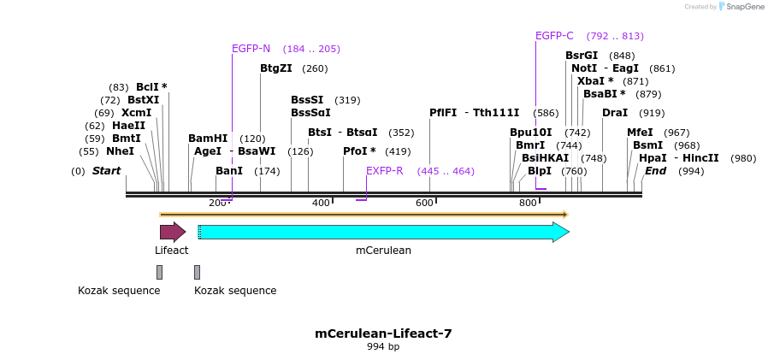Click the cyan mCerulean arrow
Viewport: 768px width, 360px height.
coord(383,232)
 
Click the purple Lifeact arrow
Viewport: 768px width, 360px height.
coord(172,232)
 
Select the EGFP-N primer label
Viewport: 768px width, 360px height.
coord(251,49)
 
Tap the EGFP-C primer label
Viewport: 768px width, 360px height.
coord(554,36)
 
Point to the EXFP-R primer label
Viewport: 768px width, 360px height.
coord(384,171)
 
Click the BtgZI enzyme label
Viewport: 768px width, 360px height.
coord(276,68)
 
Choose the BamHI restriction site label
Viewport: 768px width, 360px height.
coord(208,139)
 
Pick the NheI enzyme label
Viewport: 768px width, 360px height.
coord(120,151)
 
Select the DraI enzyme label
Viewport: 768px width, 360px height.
coord(615,113)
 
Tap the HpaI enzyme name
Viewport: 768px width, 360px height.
coord(653,158)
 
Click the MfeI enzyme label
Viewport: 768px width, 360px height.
coord(640,133)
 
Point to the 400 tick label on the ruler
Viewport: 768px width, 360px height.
coord(321,203)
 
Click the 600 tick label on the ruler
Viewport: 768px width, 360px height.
coord(424,203)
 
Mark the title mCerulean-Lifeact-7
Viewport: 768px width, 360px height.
coord(383,333)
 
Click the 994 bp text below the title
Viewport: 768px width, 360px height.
coord(383,347)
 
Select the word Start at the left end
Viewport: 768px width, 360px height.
coord(107,171)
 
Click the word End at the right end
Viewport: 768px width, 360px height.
coord(655,171)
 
